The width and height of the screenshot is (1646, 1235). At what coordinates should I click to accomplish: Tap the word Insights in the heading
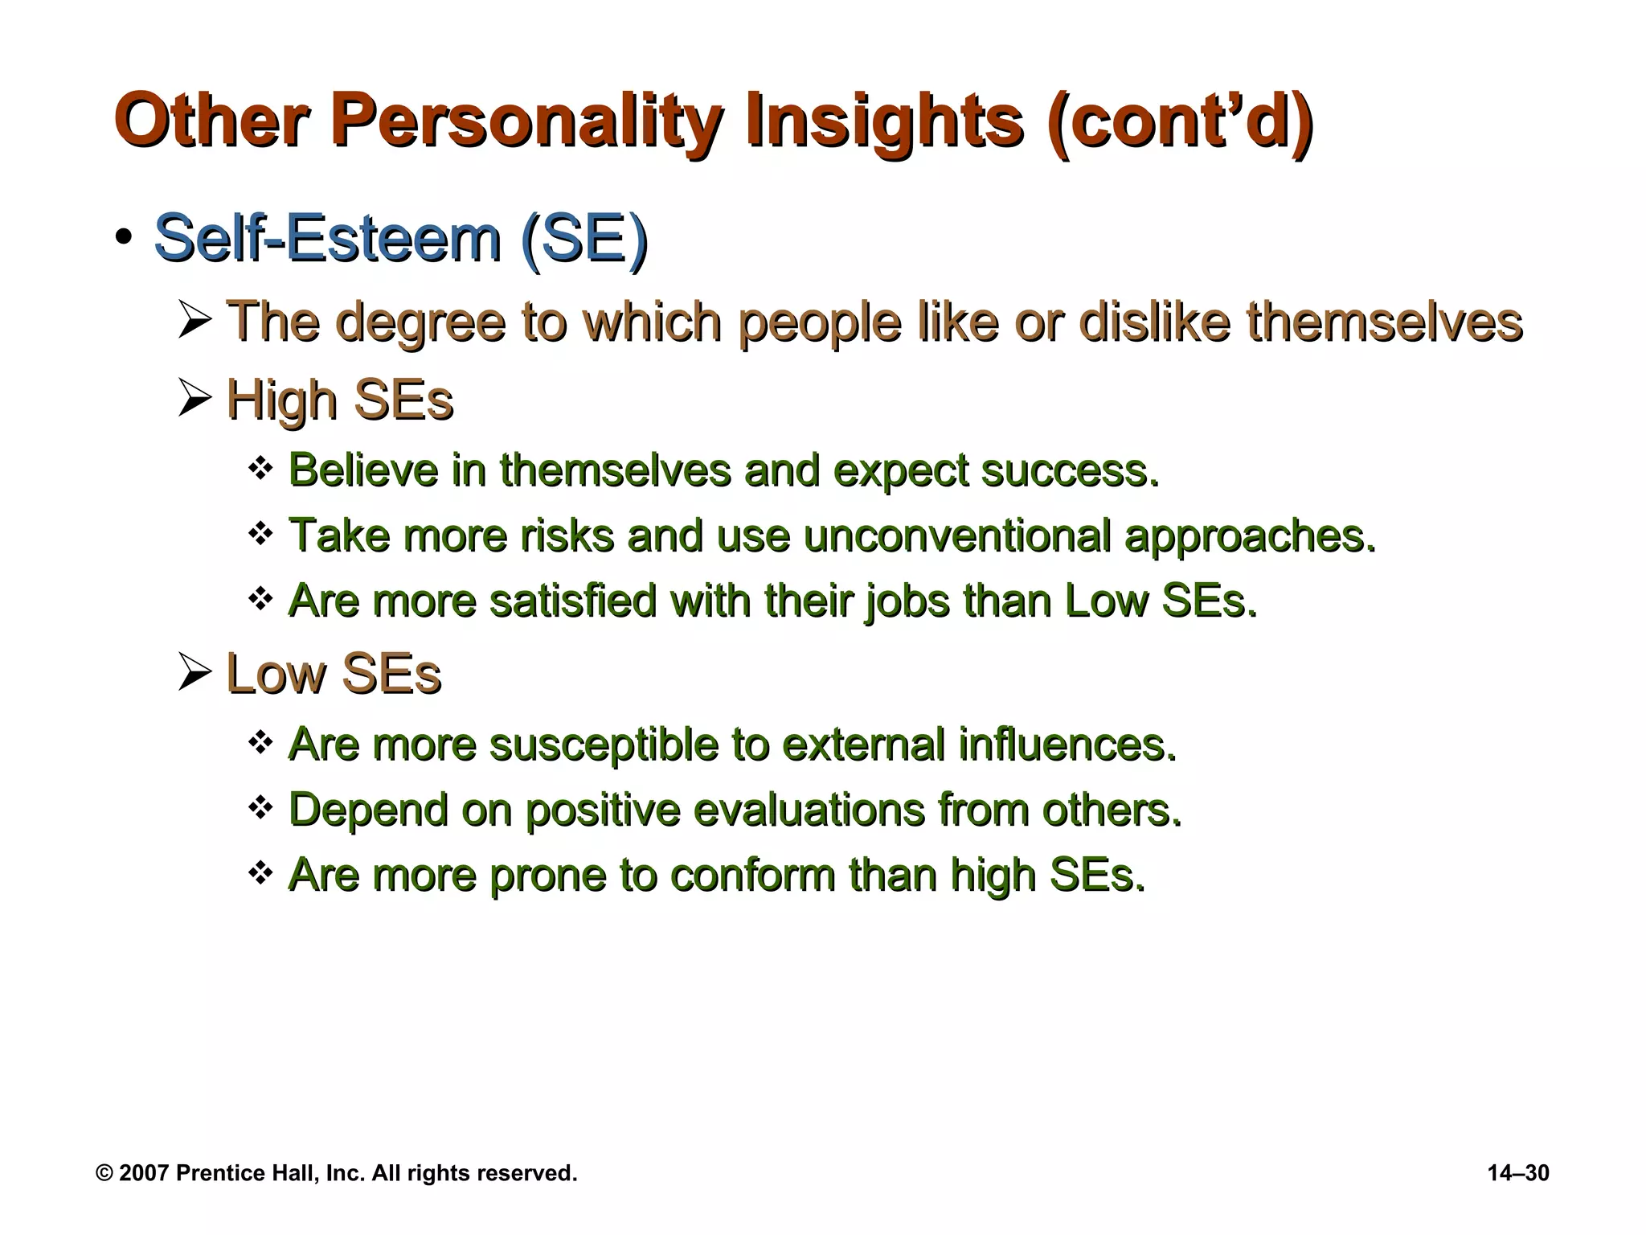pyautogui.click(x=885, y=122)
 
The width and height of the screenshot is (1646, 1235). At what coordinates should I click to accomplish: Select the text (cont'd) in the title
pyautogui.click(x=1180, y=122)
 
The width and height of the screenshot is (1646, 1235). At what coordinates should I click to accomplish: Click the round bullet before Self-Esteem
pyautogui.click(x=123, y=239)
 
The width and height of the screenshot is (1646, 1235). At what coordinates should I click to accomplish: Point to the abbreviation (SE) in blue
pyautogui.click(x=584, y=239)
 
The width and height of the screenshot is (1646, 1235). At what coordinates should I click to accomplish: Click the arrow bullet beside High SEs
pyautogui.click(x=195, y=398)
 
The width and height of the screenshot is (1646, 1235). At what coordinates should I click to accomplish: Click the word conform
pyautogui.click(x=752, y=875)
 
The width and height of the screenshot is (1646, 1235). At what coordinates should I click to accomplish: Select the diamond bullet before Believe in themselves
pyautogui.click(x=261, y=467)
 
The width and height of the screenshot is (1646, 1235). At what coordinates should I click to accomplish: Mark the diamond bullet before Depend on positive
pyautogui.click(x=261, y=806)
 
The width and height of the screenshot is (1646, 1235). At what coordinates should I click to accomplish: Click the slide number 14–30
pyautogui.click(x=1518, y=1173)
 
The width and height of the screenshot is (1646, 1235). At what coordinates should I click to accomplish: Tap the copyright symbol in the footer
pyautogui.click(x=104, y=1173)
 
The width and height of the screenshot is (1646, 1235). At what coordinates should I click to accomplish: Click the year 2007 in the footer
pyautogui.click(x=144, y=1173)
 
